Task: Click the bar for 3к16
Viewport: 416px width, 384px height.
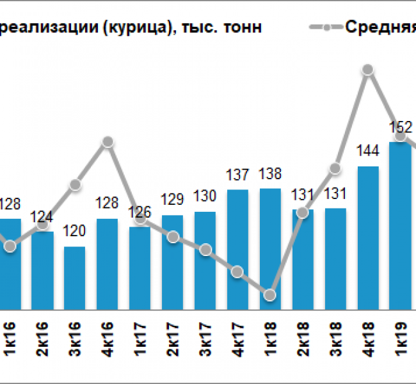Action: point(74,278)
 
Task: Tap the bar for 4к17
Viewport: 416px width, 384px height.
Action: point(237,250)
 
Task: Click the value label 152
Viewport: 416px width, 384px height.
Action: point(401,126)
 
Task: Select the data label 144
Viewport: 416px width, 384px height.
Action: point(368,151)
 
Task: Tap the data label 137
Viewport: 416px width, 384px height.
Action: point(237,174)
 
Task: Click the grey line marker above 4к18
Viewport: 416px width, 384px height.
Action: point(367,70)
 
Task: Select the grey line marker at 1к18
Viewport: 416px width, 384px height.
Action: point(270,294)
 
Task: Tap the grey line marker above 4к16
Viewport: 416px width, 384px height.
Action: point(108,141)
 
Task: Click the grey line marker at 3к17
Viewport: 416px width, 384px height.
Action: point(205,250)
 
